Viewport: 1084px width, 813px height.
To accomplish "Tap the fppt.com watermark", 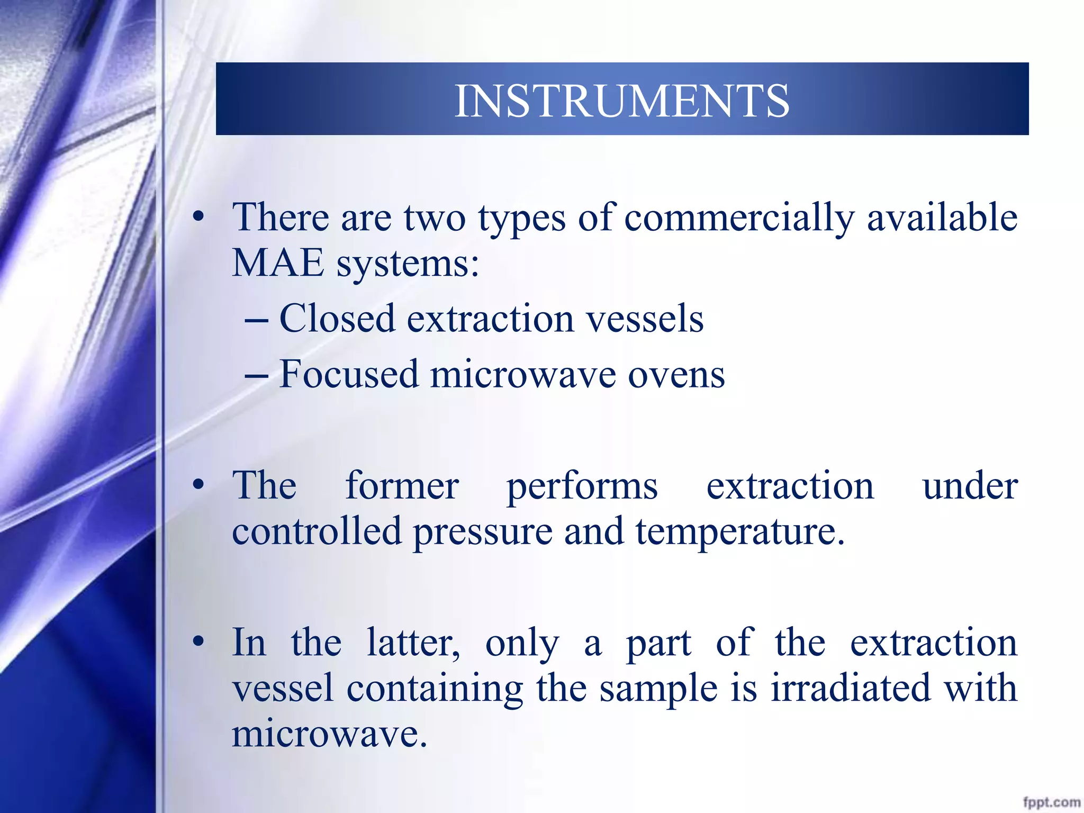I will [x=1051, y=802].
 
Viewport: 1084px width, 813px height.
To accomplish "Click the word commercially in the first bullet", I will [x=739, y=218].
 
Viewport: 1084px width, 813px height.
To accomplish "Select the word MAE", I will [x=278, y=263].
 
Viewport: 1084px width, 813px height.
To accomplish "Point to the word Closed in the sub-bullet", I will [x=337, y=319].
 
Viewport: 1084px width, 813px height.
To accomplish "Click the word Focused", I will [x=348, y=374].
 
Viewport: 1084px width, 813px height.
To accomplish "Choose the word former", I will [x=402, y=485].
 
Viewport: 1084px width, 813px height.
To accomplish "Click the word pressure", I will [x=482, y=532].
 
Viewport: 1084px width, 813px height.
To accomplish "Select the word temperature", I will [x=739, y=532].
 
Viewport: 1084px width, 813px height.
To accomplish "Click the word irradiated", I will [x=850, y=688].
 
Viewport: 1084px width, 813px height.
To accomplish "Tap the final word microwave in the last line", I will [x=329, y=735].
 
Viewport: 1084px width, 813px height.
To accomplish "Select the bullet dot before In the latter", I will [x=198, y=642].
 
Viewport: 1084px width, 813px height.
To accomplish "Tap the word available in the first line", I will [x=942, y=218].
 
